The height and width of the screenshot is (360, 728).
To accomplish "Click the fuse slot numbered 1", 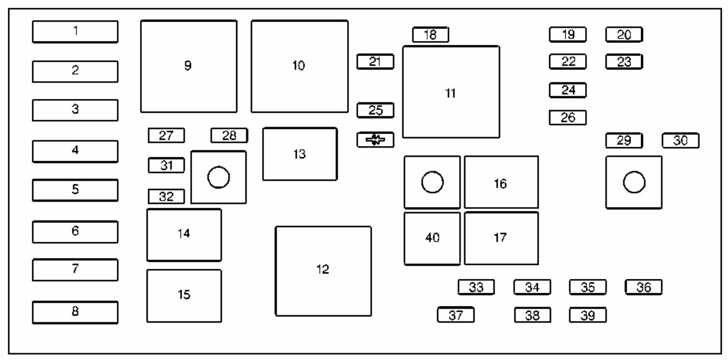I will [x=75, y=31].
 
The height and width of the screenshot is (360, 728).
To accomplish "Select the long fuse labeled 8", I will [x=75, y=312].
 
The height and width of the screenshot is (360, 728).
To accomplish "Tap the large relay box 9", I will [x=189, y=66].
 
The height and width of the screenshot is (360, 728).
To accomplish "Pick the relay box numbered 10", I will [x=299, y=66].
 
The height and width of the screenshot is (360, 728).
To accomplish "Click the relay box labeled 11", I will [x=451, y=92].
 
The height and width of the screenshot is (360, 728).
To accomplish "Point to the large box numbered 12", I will [x=323, y=271].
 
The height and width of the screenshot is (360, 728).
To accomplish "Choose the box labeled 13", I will [x=300, y=154].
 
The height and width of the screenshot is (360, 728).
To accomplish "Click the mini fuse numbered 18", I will [x=430, y=35].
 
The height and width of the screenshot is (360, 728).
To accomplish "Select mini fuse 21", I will [x=375, y=62].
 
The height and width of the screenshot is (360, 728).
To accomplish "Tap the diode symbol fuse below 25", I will [x=375, y=140].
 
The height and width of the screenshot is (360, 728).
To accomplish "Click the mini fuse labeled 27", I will [x=166, y=136].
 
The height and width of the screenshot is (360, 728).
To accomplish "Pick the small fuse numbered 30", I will [x=680, y=140].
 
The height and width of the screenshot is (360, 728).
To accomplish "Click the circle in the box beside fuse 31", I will [x=218, y=178].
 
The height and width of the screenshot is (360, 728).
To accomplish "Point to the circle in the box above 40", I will [x=432, y=182].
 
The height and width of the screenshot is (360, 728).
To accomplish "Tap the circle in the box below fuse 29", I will [x=634, y=182].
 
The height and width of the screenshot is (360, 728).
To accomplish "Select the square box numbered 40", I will [x=432, y=238].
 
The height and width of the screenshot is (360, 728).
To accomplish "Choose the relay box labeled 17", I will [x=501, y=238].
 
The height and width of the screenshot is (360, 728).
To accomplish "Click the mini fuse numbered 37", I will [x=455, y=315].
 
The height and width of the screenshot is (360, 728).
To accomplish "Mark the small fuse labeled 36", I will [x=644, y=287].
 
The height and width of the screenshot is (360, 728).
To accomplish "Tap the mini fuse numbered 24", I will [x=568, y=90].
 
